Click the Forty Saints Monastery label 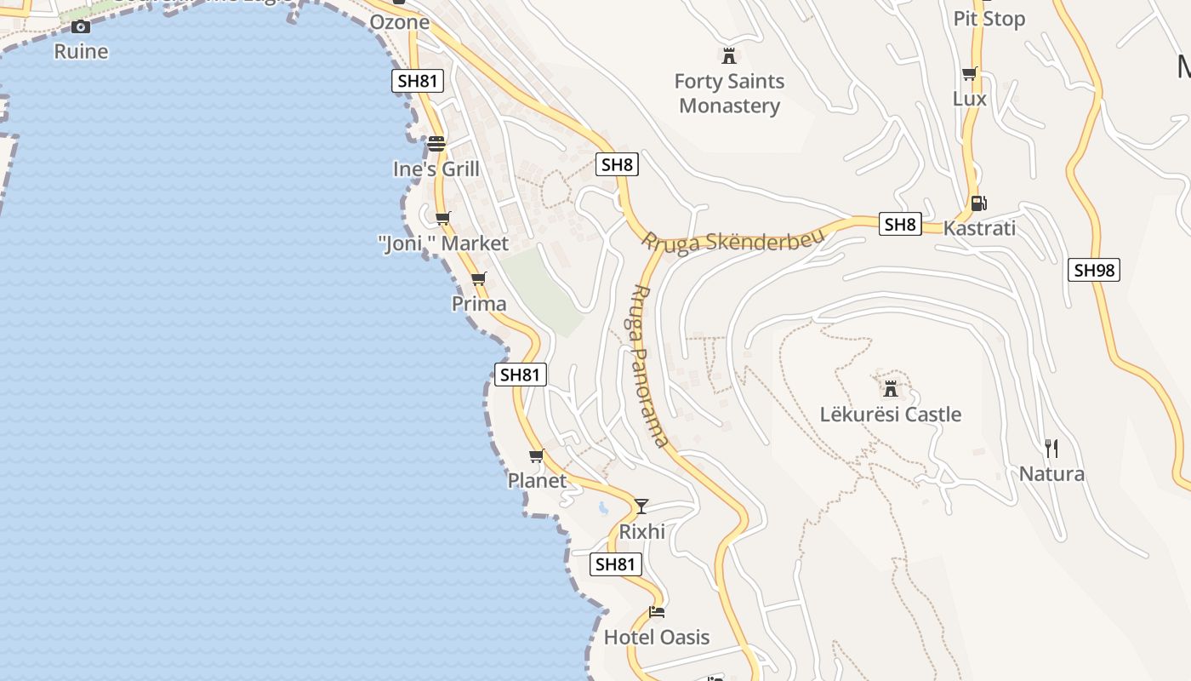(x=729, y=94)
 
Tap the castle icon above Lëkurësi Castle (x=891, y=389)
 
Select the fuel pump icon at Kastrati (x=978, y=203)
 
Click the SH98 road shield (x=1093, y=271)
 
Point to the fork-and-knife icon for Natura (x=1051, y=448)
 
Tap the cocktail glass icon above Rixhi (x=641, y=506)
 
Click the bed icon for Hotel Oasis (x=656, y=611)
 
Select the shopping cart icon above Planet (x=536, y=456)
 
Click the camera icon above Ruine (x=81, y=26)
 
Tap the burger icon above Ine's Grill (x=436, y=143)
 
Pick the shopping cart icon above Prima (x=478, y=278)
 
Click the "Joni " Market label (x=443, y=243)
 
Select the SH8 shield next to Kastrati (x=900, y=225)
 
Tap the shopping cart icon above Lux (x=969, y=74)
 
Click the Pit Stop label (x=989, y=19)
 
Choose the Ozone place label (x=400, y=22)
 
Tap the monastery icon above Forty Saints (x=728, y=56)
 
